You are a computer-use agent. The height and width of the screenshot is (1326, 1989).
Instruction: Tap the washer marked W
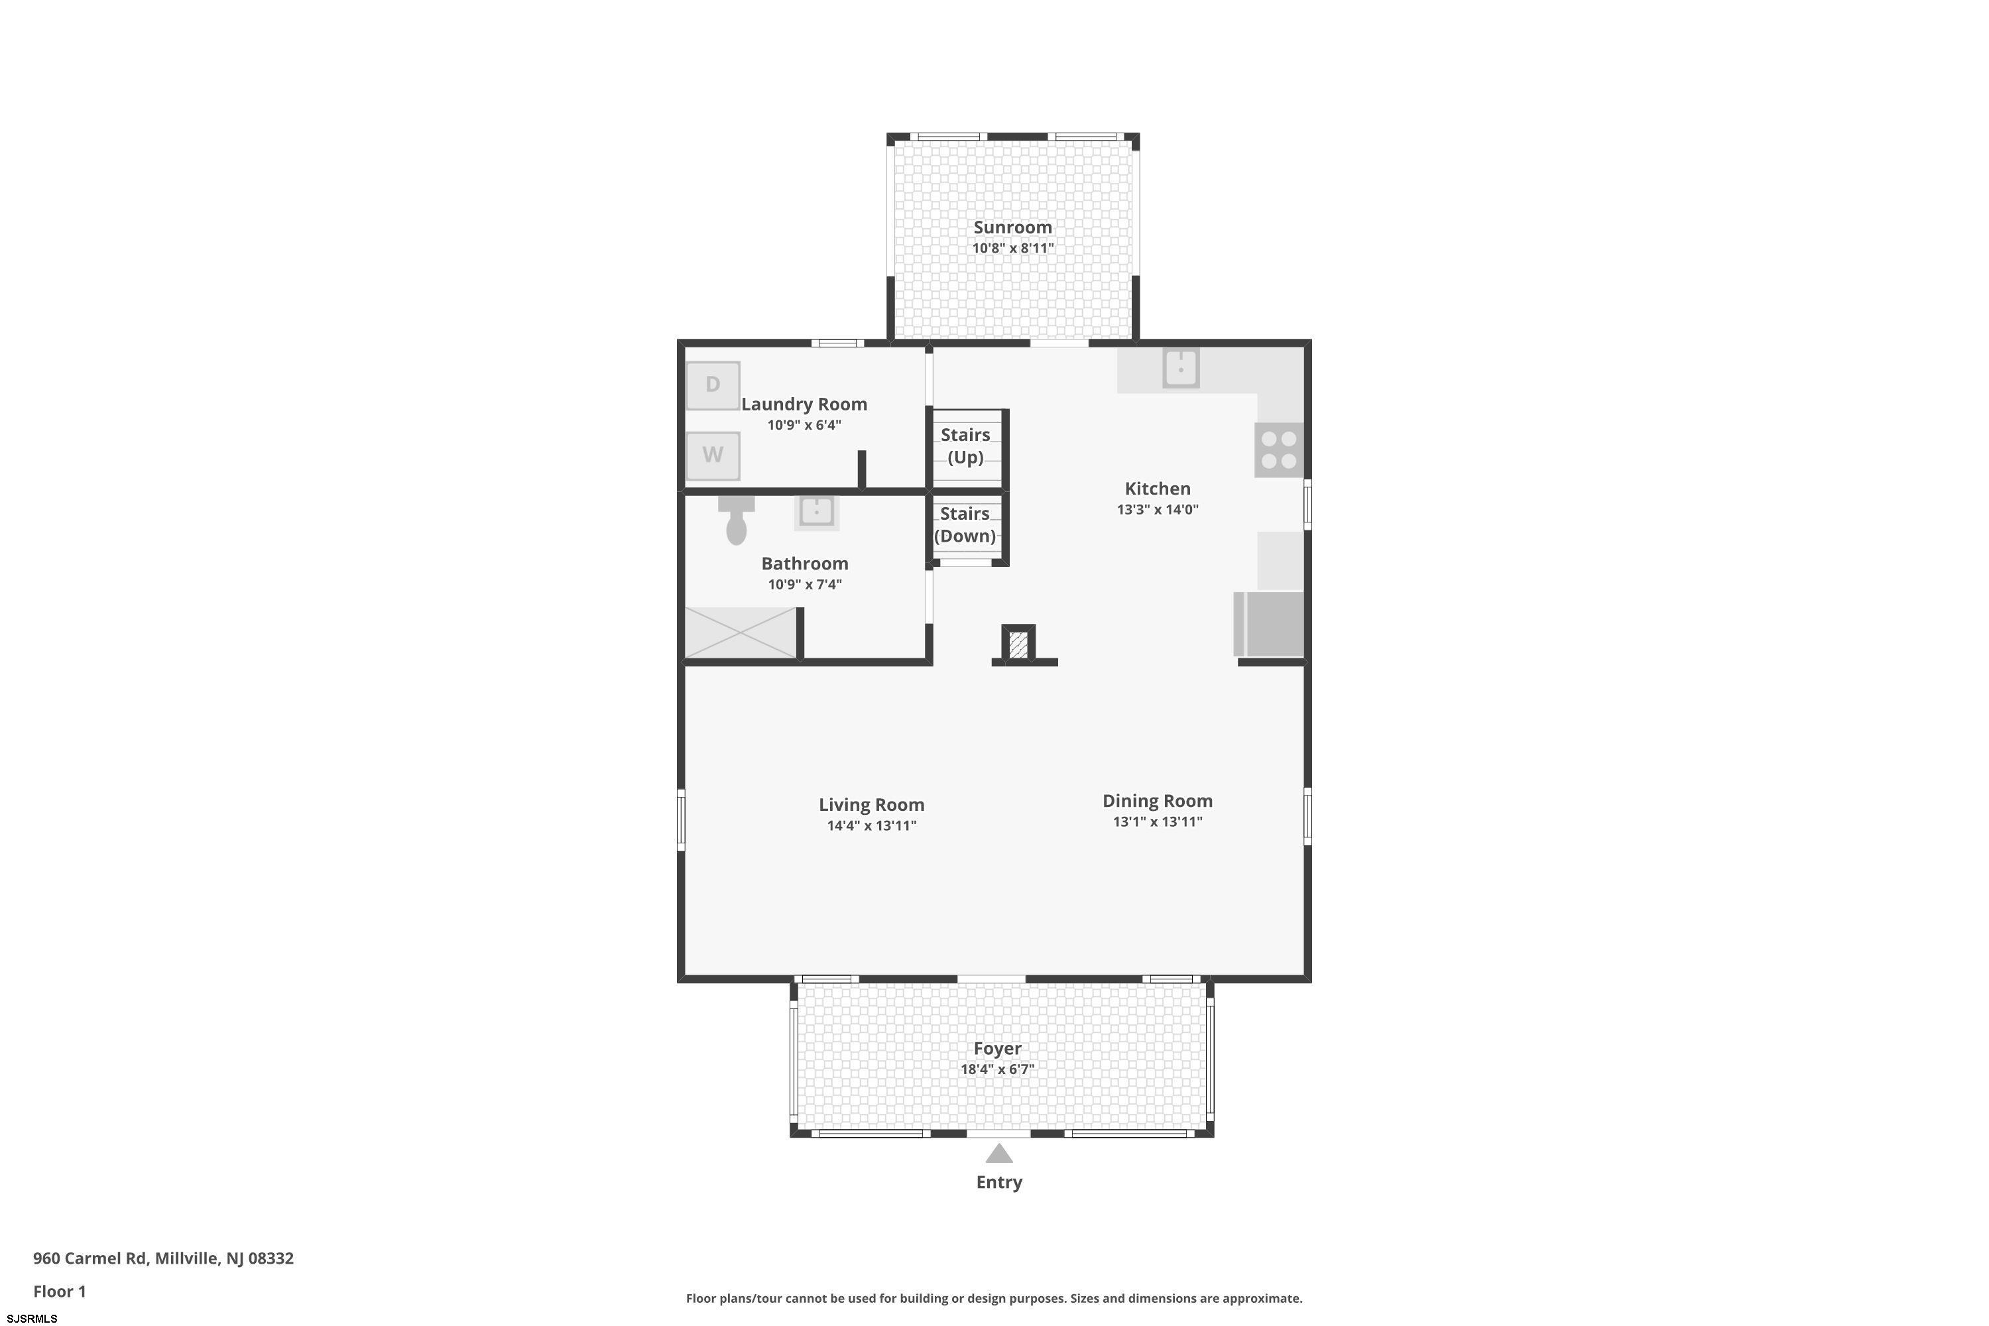pos(713,457)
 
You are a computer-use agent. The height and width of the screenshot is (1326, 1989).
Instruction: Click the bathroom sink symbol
pos(817,512)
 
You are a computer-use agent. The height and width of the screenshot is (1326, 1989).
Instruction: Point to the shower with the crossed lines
pos(741,633)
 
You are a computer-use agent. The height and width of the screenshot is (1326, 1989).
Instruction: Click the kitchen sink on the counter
pos(1181,368)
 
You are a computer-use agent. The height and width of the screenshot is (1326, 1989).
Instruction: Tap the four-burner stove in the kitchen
pos(1279,450)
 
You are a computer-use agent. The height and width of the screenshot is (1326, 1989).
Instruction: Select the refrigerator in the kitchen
pos(1270,624)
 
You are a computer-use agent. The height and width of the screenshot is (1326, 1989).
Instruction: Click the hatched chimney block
pos(1018,644)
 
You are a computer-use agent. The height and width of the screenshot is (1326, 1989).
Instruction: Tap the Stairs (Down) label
pos(965,524)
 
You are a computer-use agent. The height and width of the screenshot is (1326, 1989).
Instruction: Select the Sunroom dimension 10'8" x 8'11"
pos(1012,248)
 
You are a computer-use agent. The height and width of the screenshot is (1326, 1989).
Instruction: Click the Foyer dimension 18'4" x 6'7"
pos(997,1069)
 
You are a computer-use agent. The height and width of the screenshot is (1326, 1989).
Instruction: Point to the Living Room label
pos(871,804)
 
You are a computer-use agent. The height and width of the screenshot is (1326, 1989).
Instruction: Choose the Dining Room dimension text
pos(1157,821)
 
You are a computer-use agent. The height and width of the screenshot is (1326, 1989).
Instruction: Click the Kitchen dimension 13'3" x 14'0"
pos(1157,509)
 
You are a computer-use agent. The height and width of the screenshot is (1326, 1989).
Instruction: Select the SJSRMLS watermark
pos(32,1319)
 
